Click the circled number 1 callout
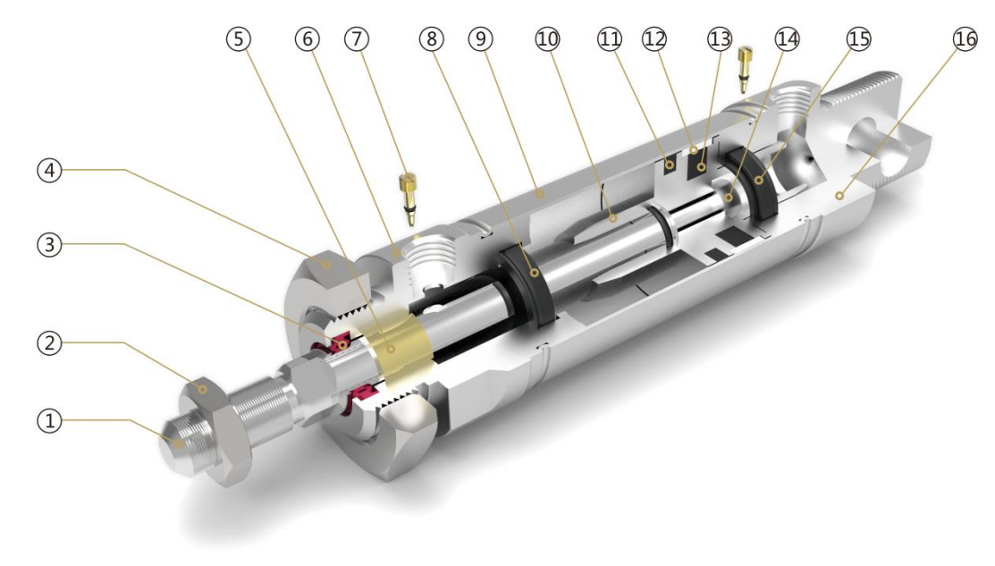point(49,420)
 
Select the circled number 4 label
point(49,170)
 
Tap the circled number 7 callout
point(357,39)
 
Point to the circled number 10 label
point(548,39)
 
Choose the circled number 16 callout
point(965,39)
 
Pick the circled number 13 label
point(720,39)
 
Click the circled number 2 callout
point(49,343)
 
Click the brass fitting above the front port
point(408,199)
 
